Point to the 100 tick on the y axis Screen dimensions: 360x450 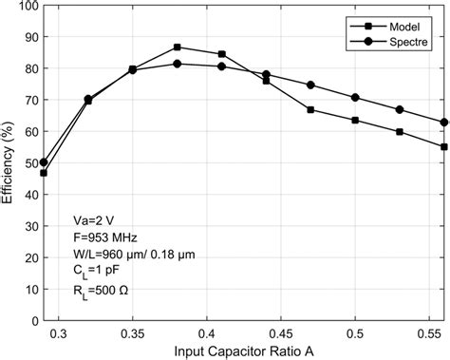click(26, 6)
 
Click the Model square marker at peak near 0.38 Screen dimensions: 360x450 click(177, 47)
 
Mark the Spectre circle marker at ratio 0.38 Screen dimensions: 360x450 click(177, 64)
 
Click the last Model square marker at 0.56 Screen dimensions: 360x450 click(443, 146)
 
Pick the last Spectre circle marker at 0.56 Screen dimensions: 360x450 click(443, 122)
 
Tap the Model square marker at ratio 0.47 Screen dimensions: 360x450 click(310, 110)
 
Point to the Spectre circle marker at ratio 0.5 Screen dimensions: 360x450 click(354, 98)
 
